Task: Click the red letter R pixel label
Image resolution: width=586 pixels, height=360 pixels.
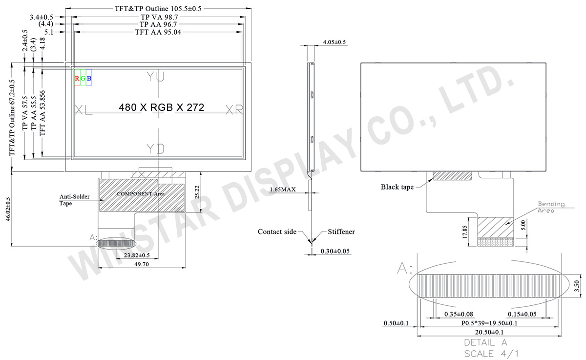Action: point(77,78)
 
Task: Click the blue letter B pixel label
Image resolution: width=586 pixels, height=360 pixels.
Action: point(89,78)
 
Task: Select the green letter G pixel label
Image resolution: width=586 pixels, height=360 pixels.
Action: point(83,78)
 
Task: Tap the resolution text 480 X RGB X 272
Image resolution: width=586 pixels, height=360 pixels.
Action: point(162,107)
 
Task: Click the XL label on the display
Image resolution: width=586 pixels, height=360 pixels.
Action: point(84,110)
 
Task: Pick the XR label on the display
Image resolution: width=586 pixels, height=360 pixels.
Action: point(234,110)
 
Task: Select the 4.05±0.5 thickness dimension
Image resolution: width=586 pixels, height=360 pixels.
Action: point(334,42)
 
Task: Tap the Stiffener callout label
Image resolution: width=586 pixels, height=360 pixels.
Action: point(341,232)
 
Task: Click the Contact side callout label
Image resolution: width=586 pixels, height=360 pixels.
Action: point(277,232)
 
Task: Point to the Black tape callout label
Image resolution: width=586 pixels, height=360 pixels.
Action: point(397,187)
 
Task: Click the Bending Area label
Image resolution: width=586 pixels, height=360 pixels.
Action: point(551,207)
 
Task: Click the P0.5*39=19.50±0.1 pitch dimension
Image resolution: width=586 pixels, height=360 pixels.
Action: point(490,323)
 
